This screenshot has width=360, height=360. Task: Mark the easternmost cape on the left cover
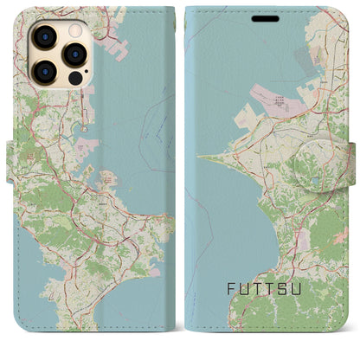[x=169, y=216]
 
